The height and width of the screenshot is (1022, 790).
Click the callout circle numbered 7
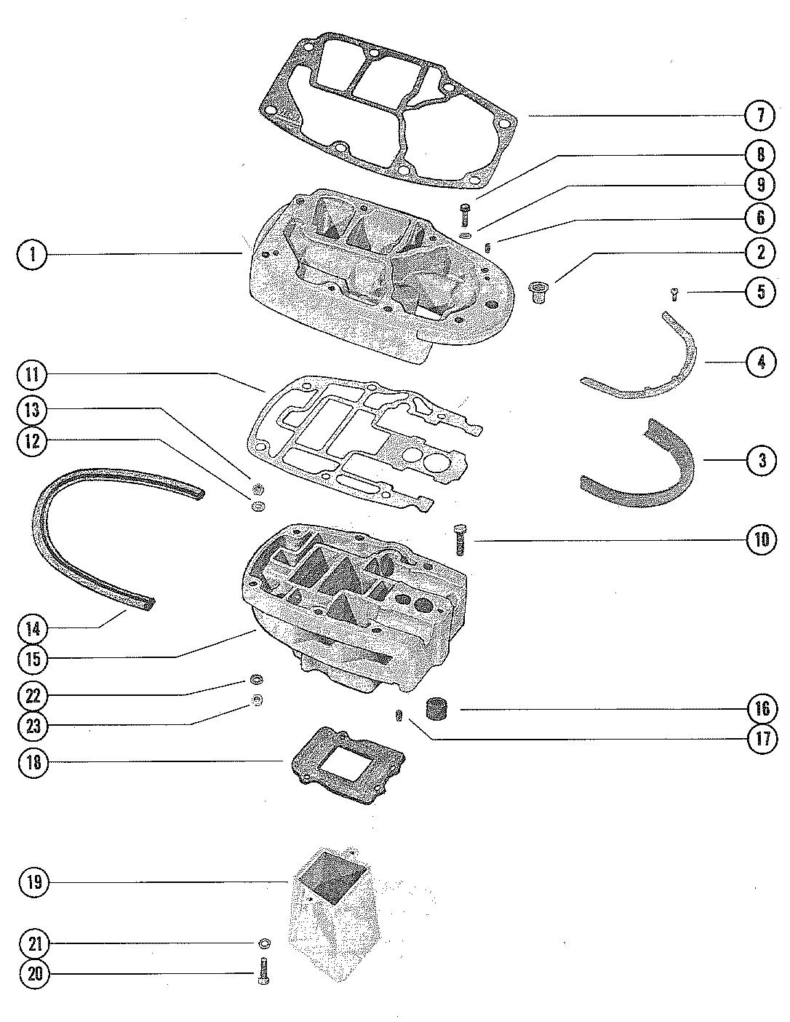click(761, 116)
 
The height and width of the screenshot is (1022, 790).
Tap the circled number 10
click(761, 540)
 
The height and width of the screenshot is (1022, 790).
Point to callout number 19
click(33, 883)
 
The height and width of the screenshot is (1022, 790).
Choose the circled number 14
click(33, 627)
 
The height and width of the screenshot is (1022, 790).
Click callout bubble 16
click(761, 708)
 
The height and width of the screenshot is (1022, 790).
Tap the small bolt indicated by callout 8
click(465, 215)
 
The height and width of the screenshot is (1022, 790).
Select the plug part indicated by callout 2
click(539, 294)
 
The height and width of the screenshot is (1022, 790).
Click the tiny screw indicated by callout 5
click(674, 294)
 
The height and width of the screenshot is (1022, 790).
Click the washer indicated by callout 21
click(265, 944)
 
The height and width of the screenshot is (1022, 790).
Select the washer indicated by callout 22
click(256, 681)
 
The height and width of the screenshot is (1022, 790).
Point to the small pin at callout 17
click(399, 717)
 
